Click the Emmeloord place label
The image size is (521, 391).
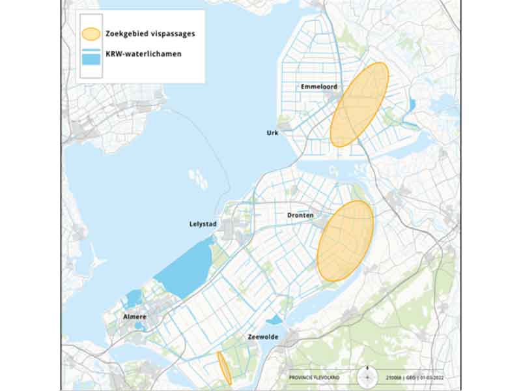(x=317, y=87)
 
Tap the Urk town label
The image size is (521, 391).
(x=272, y=132)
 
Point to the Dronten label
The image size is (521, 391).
(x=300, y=215)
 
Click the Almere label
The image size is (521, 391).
(x=134, y=317)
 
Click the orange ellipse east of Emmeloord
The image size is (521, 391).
(x=359, y=104)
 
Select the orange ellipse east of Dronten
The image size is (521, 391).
(x=345, y=241)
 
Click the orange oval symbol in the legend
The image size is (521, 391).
(x=91, y=33)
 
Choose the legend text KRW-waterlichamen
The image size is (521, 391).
(x=139, y=54)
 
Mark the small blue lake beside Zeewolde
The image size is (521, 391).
(x=274, y=320)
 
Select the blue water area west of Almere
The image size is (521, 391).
(x=134, y=298)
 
